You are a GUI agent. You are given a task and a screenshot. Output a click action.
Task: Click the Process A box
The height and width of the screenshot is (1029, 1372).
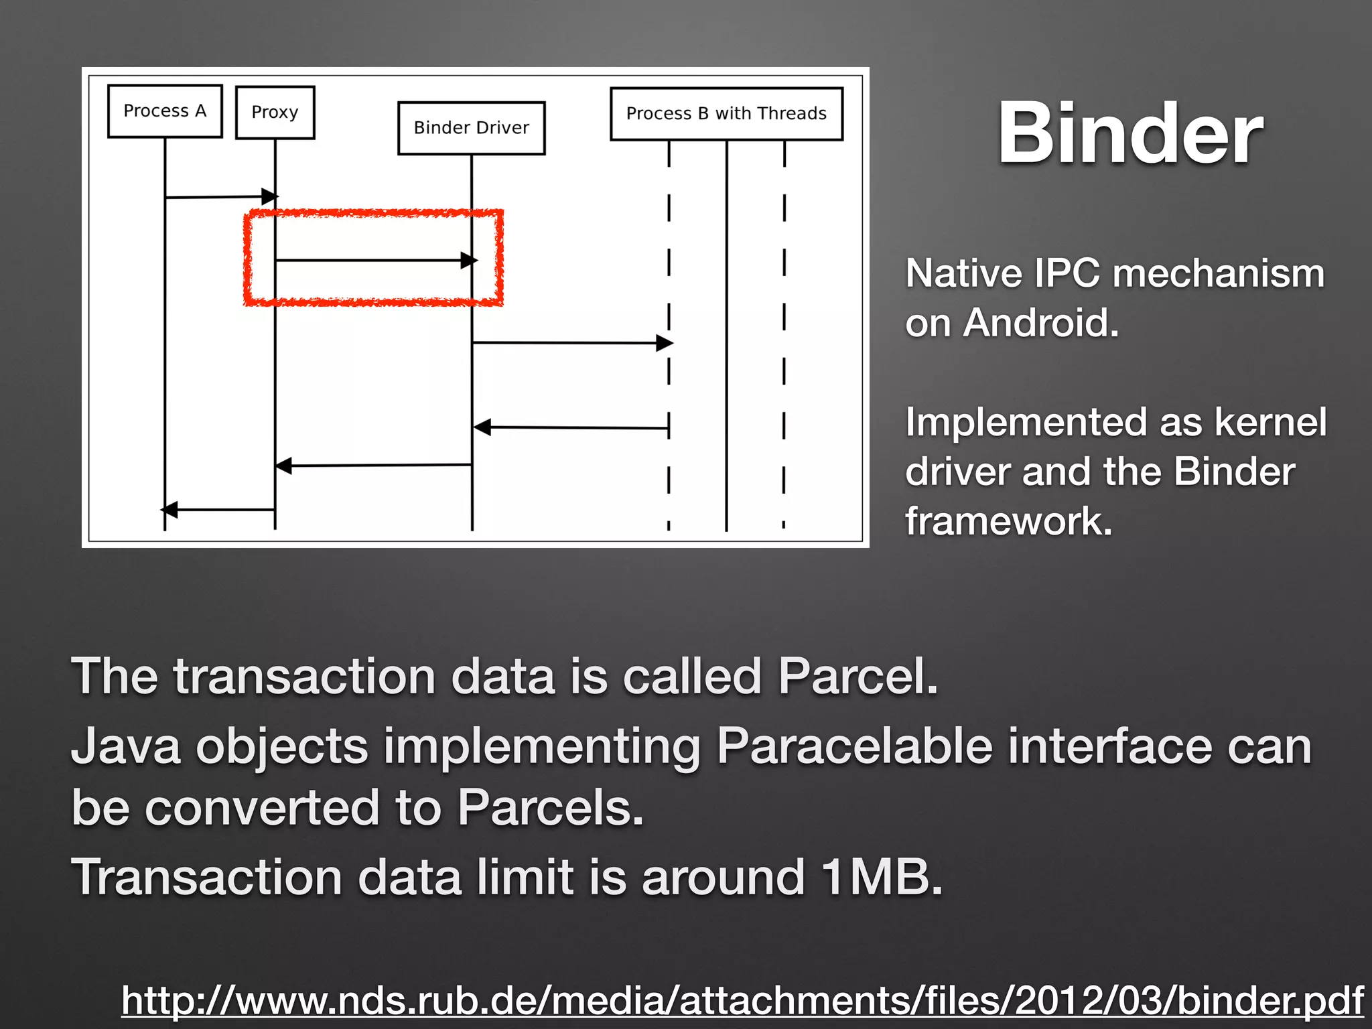pos(165,111)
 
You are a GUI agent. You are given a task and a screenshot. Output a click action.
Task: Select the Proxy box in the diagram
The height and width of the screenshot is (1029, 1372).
pos(275,113)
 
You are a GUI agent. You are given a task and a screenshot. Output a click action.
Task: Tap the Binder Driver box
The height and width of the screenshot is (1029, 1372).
pos(471,128)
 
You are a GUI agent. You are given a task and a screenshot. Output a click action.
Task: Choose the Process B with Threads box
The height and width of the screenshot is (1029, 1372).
pos(726,114)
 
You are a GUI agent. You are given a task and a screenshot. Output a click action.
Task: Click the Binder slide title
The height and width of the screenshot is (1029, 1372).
pos(1130,133)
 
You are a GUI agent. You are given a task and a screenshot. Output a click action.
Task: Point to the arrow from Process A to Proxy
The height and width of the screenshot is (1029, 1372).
pos(220,197)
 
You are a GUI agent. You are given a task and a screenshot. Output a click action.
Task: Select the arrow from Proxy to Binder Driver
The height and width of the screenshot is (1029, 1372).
pos(373,260)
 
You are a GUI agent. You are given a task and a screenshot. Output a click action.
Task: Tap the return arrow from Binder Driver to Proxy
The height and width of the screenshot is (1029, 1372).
pos(373,465)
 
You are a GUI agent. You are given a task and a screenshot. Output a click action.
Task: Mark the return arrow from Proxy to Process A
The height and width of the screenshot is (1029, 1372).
pos(220,510)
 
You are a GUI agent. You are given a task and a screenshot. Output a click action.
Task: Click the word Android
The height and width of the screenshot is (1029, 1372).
pos(1040,323)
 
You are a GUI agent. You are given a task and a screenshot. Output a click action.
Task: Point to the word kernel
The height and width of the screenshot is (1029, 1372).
pos(1270,422)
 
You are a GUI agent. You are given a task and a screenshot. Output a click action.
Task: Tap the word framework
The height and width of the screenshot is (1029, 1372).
pos(1008,521)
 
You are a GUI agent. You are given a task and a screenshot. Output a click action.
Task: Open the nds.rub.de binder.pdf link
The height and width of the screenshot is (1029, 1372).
pos(742,1001)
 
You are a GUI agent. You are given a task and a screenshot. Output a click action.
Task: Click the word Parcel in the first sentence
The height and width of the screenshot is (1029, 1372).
pos(857,676)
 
